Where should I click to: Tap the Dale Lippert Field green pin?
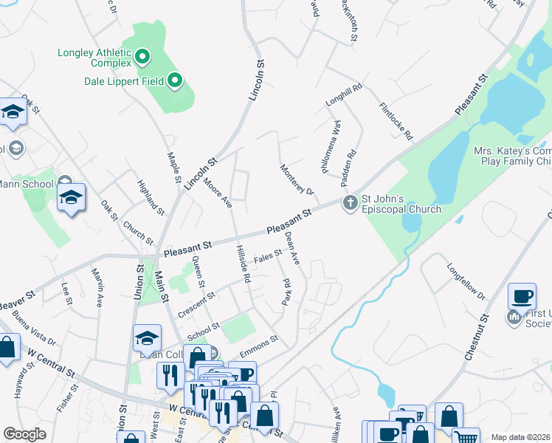(x=175, y=80)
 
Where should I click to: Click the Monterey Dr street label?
(x=297, y=180)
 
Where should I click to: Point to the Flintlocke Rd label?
(x=396, y=122)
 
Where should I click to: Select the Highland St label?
(x=151, y=196)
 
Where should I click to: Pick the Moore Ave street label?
(x=218, y=191)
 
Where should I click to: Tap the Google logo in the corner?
(x=24, y=434)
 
